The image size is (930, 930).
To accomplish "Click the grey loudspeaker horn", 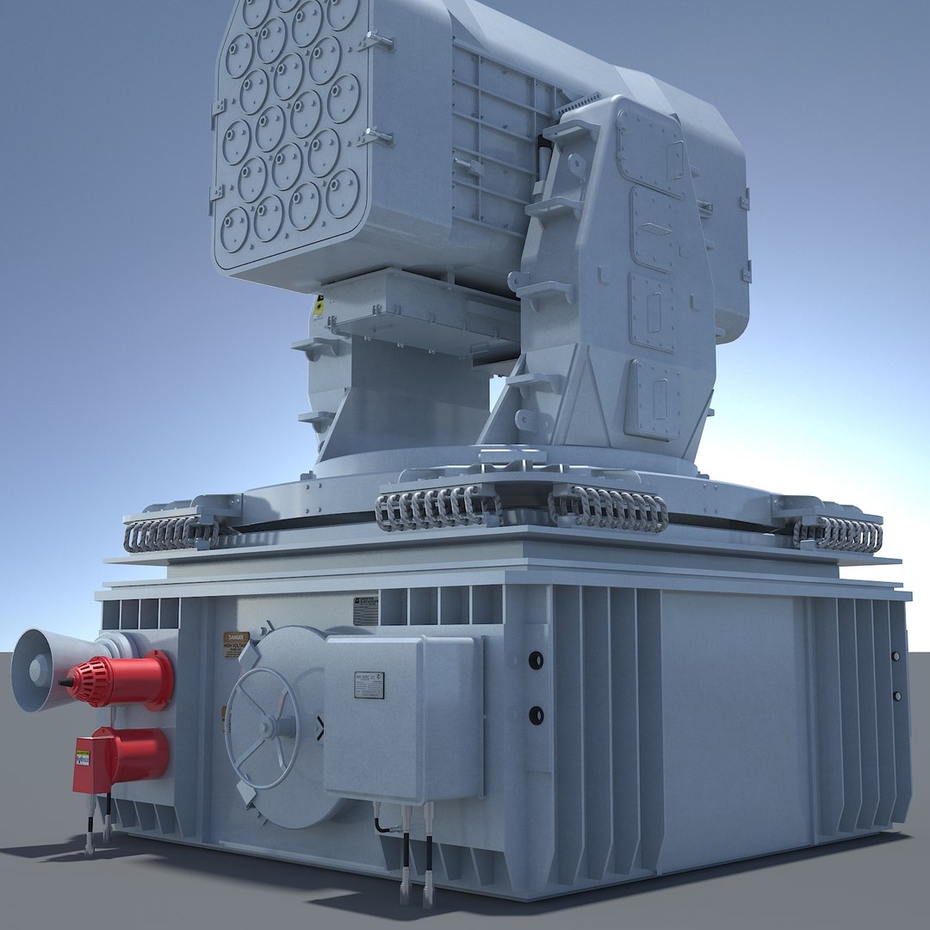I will pos(39,670).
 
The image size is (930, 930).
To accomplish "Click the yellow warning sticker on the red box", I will pos(83,758).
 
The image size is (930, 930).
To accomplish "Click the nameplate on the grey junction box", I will pos(369,685).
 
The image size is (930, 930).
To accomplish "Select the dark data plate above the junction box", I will pos(365,610).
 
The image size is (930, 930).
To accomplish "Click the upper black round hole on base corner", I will pos(536,660).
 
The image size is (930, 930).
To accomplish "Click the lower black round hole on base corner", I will pos(536,714).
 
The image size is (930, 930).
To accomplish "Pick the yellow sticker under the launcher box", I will pos(319,303).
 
